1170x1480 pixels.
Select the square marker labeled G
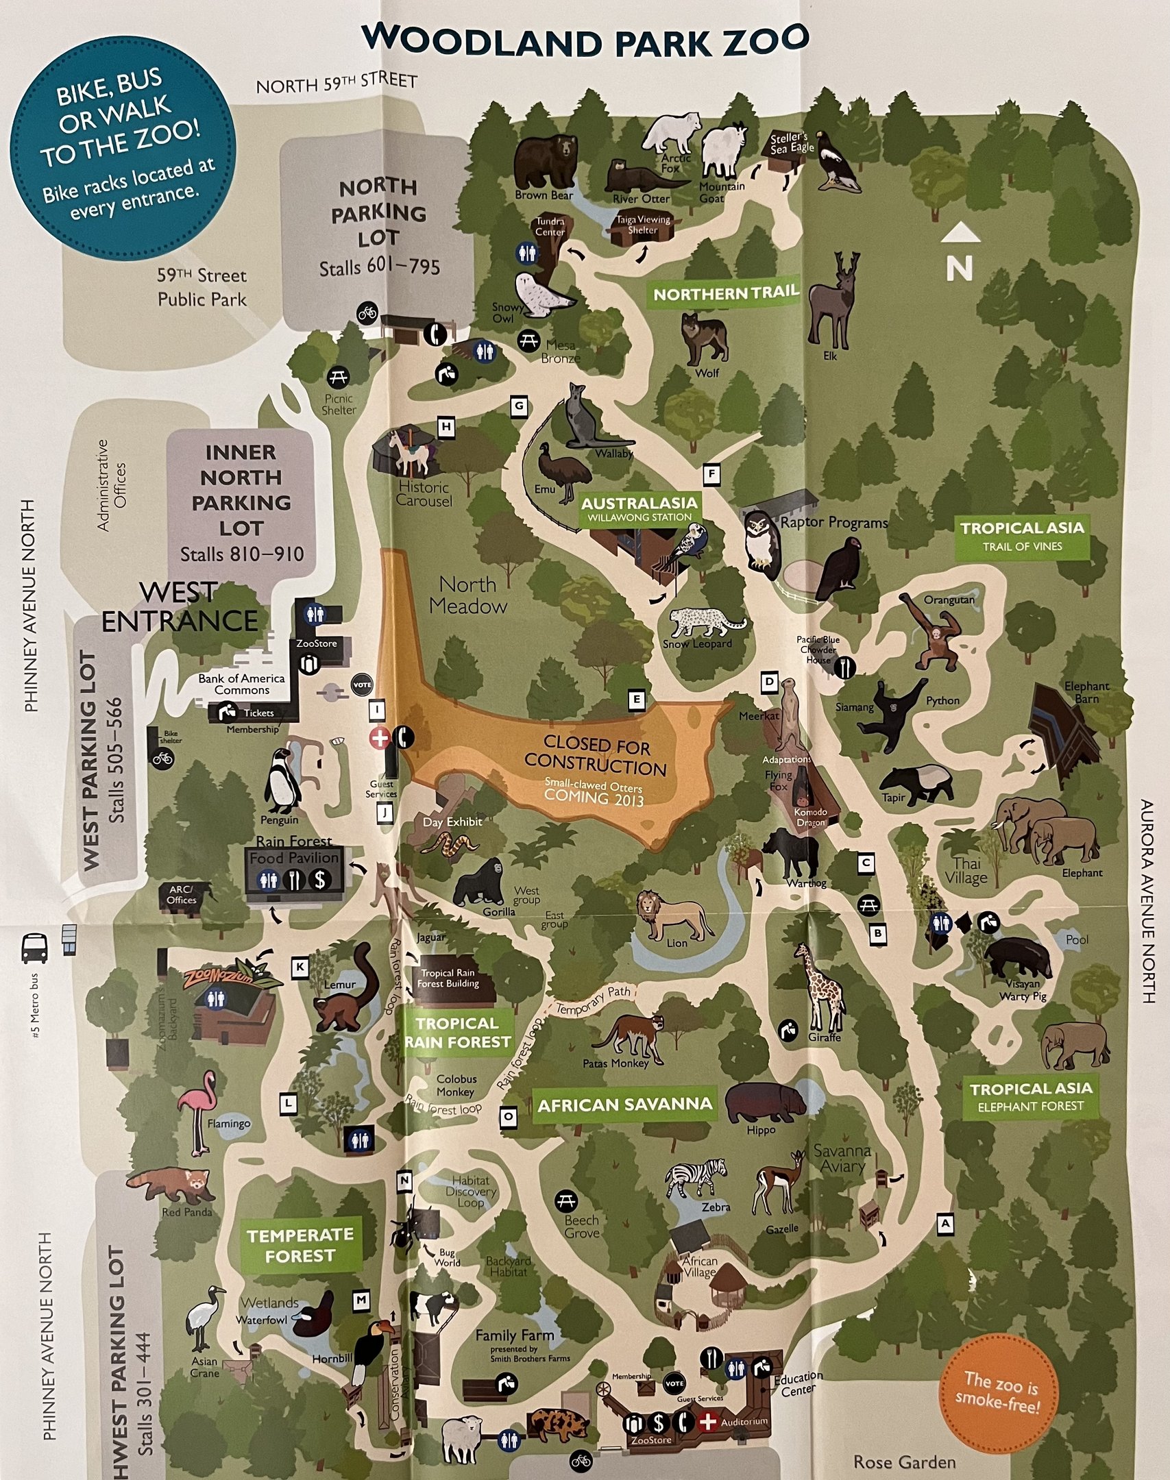[520, 406]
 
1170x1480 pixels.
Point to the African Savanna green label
[624, 1105]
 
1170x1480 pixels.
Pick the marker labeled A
[945, 1223]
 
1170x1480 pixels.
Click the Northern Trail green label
[726, 294]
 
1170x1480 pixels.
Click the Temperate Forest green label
[300, 1245]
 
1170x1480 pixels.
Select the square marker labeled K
[300, 967]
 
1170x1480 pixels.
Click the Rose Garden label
[904, 1461]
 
